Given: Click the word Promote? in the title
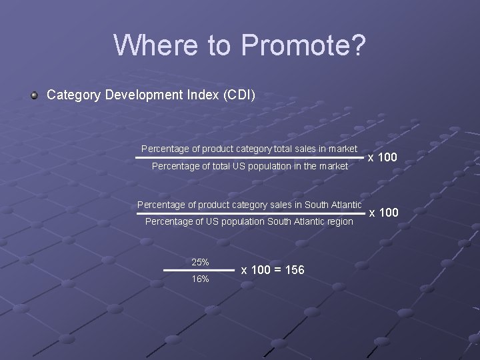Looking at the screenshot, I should pyautogui.click(x=304, y=45).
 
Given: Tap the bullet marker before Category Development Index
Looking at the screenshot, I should pyautogui.click(x=34, y=95).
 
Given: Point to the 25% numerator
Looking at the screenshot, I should pyautogui.click(x=200, y=262).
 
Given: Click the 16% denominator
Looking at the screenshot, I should pyautogui.click(x=200, y=279).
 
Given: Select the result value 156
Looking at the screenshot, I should pyautogui.click(x=294, y=270).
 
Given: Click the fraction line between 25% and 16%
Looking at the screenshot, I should pyautogui.click(x=199, y=270).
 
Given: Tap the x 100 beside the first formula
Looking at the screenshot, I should pyautogui.click(x=383, y=157).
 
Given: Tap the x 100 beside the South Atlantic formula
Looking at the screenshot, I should pyautogui.click(x=383, y=213).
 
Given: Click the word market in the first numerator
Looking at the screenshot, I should pyautogui.click(x=342, y=148).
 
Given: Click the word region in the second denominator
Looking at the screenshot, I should pyautogui.click(x=338, y=221).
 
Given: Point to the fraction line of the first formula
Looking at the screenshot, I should pyautogui.click(x=250, y=157).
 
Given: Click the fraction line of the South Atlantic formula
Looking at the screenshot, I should pyautogui.click(x=250, y=213).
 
